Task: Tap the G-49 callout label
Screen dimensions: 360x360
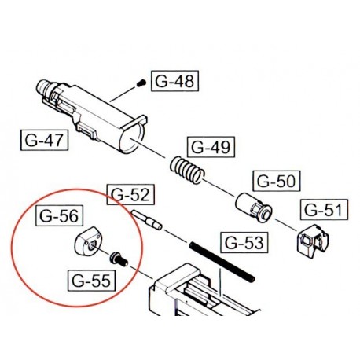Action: tap(209, 148)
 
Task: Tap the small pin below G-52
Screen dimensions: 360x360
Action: tap(146, 219)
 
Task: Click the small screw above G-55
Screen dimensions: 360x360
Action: tap(119, 256)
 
